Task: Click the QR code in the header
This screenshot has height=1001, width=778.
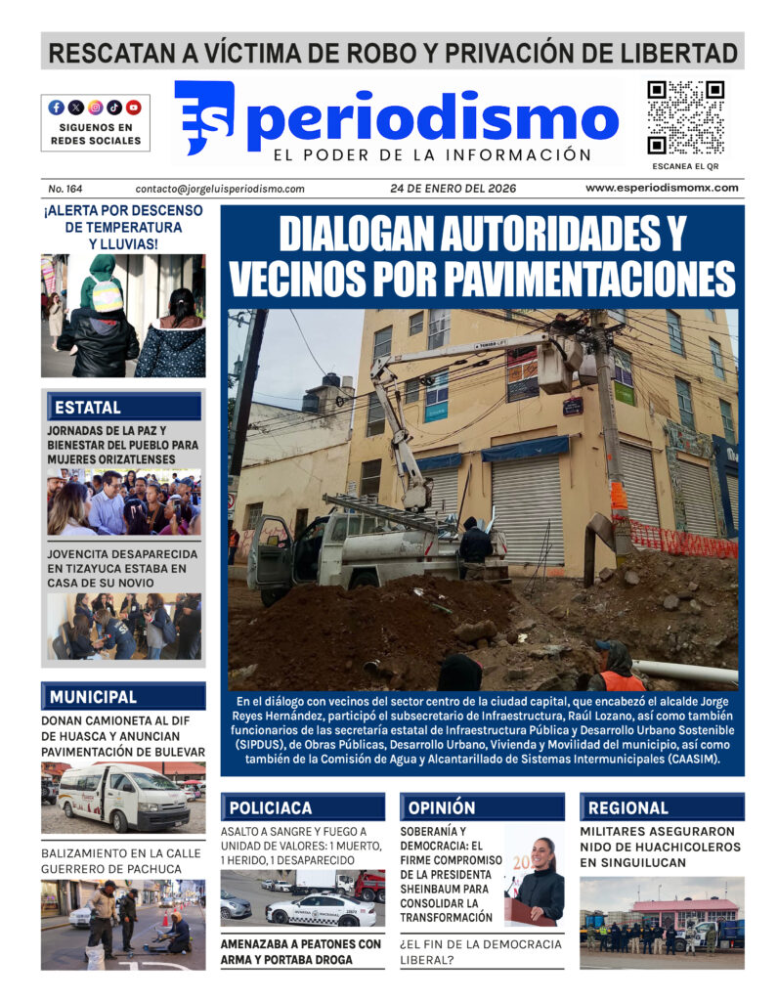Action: click(x=686, y=116)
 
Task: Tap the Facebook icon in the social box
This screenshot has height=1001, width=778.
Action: click(x=57, y=108)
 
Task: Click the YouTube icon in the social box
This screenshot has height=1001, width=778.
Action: click(x=134, y=108)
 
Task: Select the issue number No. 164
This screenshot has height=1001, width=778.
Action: click(x=65, y=189)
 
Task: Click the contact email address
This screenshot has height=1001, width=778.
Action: click(x=220, y=189)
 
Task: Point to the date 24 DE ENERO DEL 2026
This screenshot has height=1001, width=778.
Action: click(x=452, y=189)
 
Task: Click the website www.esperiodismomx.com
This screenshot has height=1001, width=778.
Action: click(x=662, y=188)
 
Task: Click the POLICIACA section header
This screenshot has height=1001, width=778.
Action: click(x=270, y=807)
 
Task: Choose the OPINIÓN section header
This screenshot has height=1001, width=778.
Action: click(x=442, y=807)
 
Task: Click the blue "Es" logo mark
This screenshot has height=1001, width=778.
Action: click(x=204, y=117)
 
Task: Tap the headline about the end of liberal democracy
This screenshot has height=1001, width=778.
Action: click(x=481, y=952)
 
